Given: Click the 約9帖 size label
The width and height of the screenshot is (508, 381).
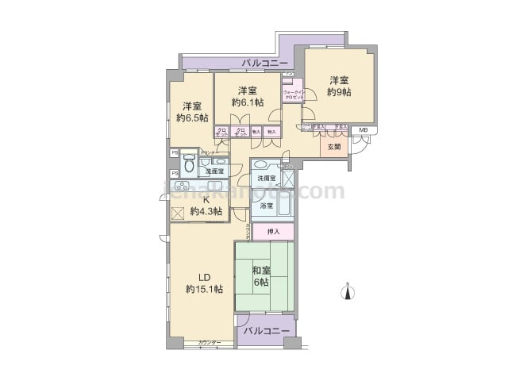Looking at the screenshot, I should tap(340, 93).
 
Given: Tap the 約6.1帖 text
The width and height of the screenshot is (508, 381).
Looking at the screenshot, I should tap(246, 102).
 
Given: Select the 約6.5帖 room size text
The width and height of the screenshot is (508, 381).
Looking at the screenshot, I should tap(192, 118).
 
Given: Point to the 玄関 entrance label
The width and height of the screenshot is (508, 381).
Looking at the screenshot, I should tap(334, 147).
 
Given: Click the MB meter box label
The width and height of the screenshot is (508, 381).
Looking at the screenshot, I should tap(363, 130).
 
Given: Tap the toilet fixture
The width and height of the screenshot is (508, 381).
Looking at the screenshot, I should tap(189, 166).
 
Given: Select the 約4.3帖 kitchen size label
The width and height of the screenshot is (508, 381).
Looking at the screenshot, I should tap(206, 212).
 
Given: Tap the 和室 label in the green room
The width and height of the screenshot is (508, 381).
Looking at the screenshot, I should tap(262, 270).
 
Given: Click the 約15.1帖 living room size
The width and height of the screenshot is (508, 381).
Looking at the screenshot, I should tap(204, 289).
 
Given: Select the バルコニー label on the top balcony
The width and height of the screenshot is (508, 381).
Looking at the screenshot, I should tap(261, 62).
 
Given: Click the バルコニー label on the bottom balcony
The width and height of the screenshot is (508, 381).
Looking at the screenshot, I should tap(266, 329).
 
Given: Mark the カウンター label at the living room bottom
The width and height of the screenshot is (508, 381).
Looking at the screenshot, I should tap(210, 342).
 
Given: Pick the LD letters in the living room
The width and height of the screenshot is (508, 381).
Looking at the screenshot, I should tap(196, 276).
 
